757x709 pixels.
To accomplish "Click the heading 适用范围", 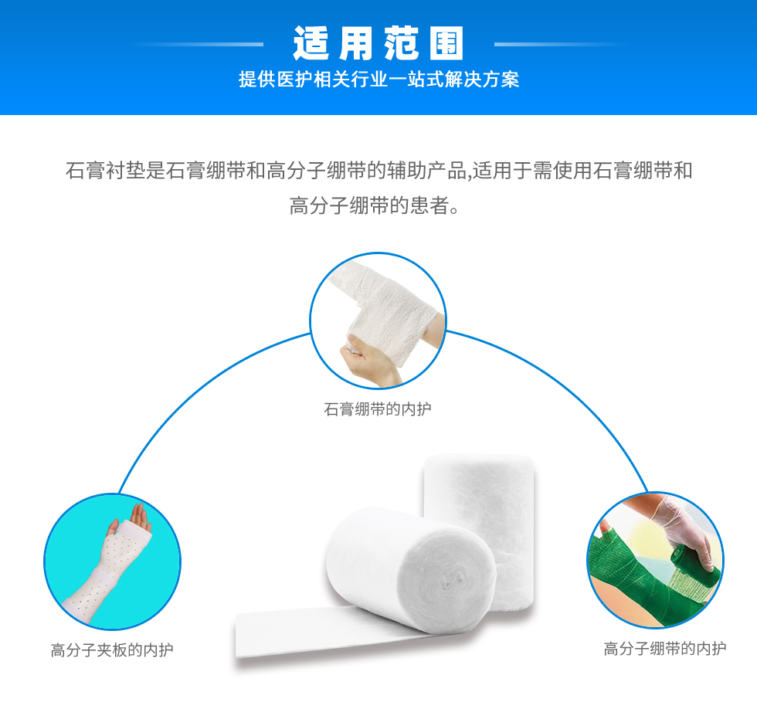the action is [378, 43].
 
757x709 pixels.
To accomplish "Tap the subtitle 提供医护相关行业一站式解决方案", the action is [378, 79].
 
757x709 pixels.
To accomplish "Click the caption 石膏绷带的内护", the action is [378, 409].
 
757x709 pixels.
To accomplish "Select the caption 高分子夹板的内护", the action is [112, 650].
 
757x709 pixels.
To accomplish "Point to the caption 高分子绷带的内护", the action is [665, 649].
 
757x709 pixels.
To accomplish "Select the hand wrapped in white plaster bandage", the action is [382, 314].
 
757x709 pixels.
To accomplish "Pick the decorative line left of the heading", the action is [195, 44].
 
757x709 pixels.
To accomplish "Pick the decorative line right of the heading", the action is [562, 44].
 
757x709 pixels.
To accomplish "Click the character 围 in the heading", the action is [446, 43].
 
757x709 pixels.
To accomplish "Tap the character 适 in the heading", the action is [311, 43].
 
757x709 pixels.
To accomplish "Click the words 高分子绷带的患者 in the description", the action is [369, 205].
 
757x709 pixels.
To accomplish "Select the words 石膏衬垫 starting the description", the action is [105, 171].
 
